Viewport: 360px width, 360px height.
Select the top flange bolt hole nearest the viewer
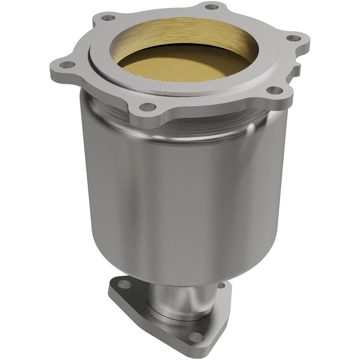coord(148,107)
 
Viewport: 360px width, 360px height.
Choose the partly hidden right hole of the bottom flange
coord(221,284)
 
